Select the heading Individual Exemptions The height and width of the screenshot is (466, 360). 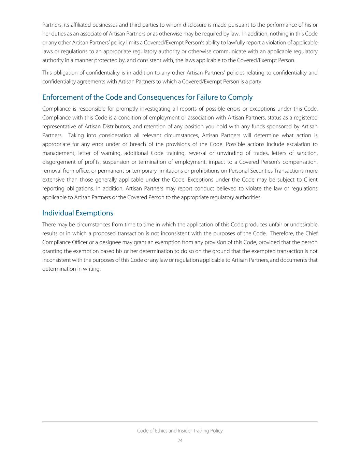pos(78,213)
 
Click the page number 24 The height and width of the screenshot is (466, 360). pos(180,440)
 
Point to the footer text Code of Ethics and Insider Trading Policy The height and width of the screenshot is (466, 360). pos(180,431)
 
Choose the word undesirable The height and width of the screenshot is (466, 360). pos(302,224)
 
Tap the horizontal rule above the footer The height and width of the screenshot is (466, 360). pos(180,422)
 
